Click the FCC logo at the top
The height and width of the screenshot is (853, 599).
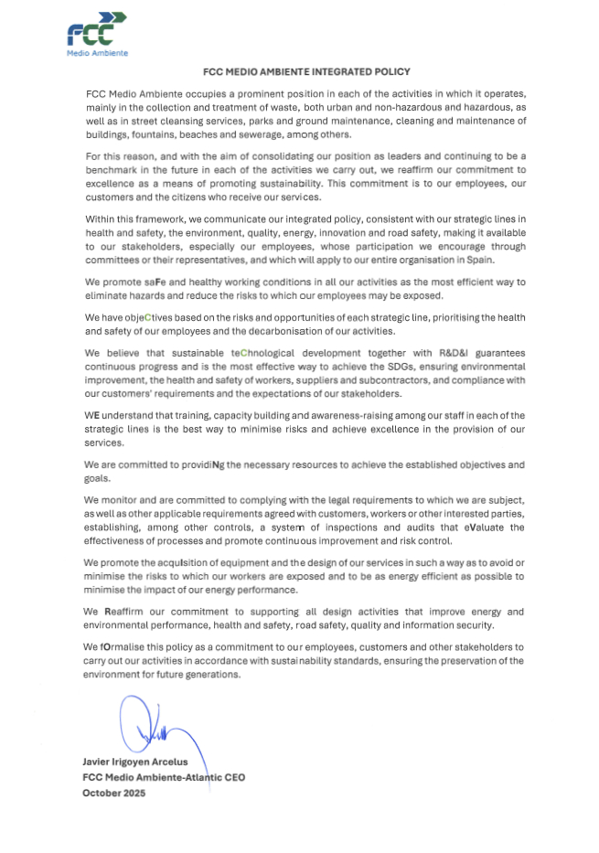[97, 33]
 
